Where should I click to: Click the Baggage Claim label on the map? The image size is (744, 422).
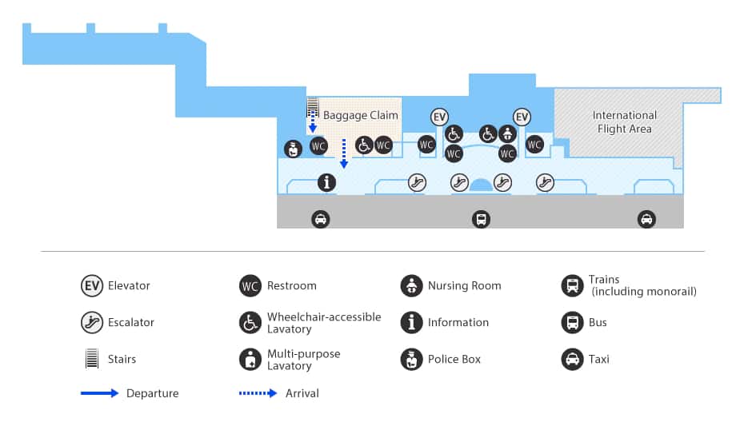click(360, 116)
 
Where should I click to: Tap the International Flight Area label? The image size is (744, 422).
click(624, 122)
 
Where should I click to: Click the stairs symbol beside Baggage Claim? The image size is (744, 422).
click(314, 108)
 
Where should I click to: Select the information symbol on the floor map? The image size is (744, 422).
click(326, 182)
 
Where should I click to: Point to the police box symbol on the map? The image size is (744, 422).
click(294, 149)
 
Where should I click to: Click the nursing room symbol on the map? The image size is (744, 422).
click(506, 133)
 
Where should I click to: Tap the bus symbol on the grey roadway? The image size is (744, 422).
click(481, 219)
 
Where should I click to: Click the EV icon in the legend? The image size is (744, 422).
click(92, 285)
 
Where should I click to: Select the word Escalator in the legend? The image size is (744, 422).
click(131, 322)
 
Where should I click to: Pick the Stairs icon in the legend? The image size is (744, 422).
click(92, 359)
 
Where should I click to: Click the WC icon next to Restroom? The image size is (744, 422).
click(250, 285)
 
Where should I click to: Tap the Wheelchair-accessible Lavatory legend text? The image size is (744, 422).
click(324, 322)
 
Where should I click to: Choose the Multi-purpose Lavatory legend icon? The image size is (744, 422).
click(250, 359)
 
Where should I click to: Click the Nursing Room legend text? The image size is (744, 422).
click(464, 285)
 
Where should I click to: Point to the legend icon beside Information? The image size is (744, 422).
click(411, 322)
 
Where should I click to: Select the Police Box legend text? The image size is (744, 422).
click(454, 359)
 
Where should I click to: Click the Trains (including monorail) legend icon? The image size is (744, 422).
click(572, 285)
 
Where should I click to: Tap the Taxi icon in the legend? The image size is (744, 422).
click(572, 359)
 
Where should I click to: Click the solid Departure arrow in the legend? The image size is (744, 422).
click(100, 393)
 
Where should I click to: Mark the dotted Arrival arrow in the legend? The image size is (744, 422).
click(259, 393)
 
